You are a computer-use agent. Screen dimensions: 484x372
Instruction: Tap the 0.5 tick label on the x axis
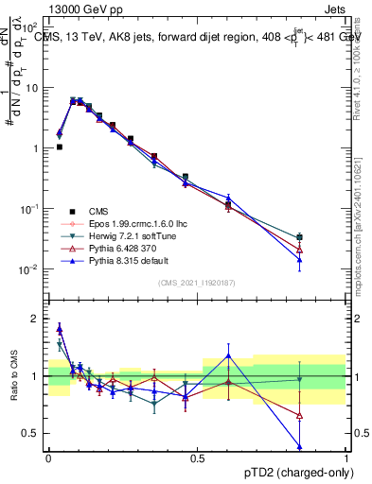click(197, 458)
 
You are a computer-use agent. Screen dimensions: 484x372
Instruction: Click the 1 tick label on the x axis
click(347, 458)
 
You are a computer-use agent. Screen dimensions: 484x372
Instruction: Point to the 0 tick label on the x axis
click(48, 458)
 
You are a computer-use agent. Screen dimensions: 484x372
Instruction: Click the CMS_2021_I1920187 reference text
click(197, 283)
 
